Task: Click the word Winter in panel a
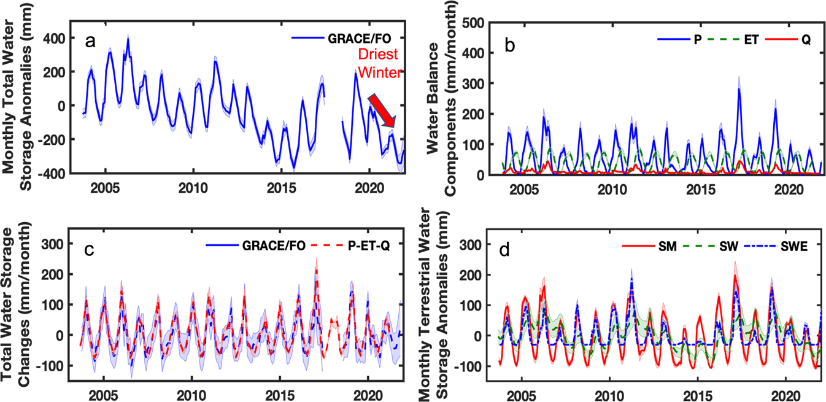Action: tap(380, 72)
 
